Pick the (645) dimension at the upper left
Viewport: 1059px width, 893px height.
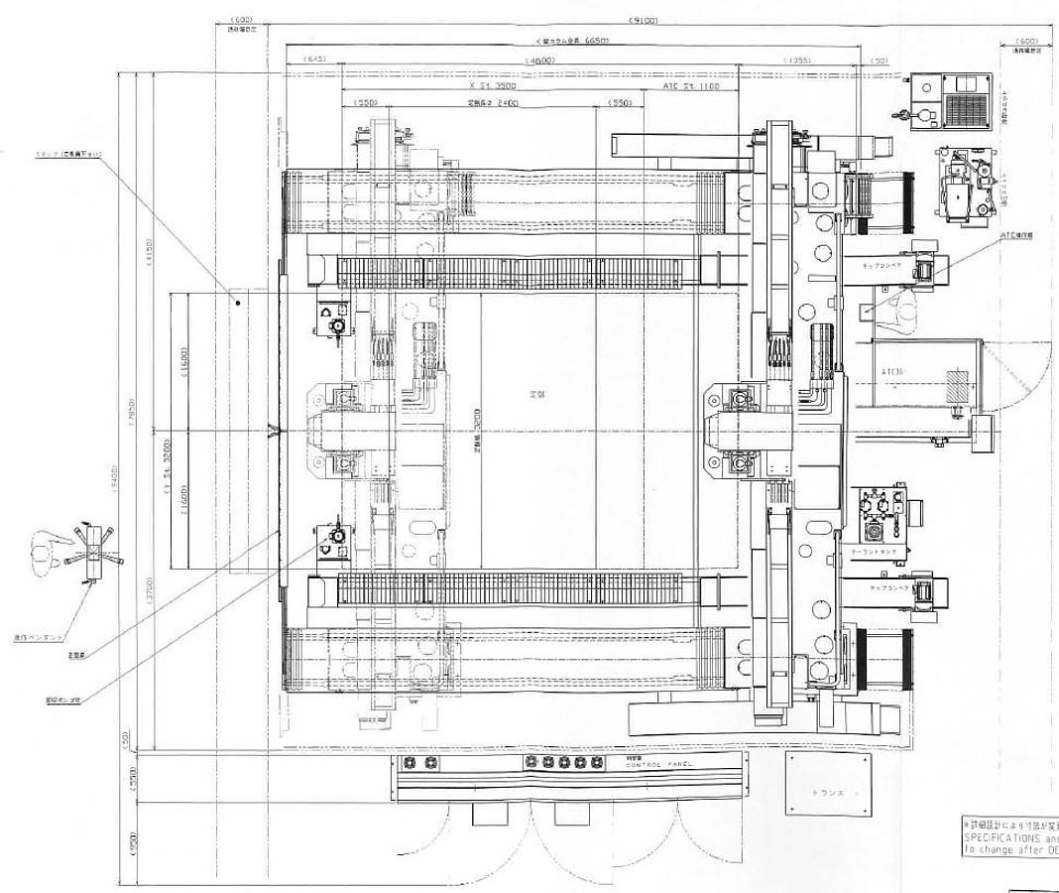point(314,60)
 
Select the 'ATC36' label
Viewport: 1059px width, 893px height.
point(892,372)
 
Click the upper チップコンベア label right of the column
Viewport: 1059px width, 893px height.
point(878,267)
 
